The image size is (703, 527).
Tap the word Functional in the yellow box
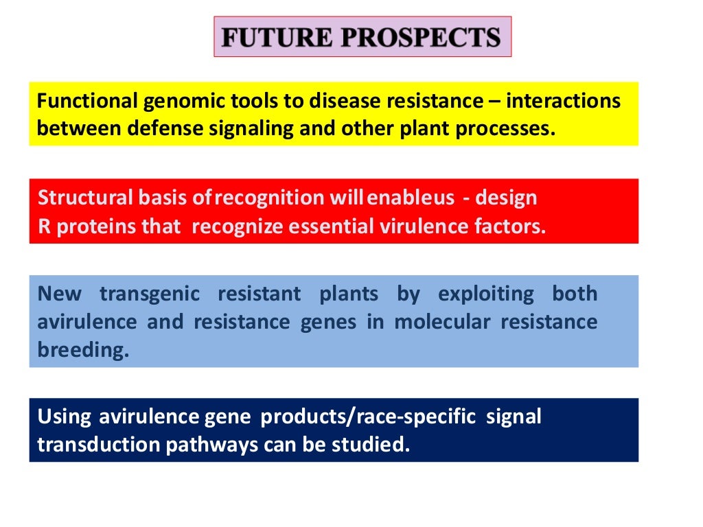click(x=88, y=102)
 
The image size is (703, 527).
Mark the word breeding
click(x=82, y=350)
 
